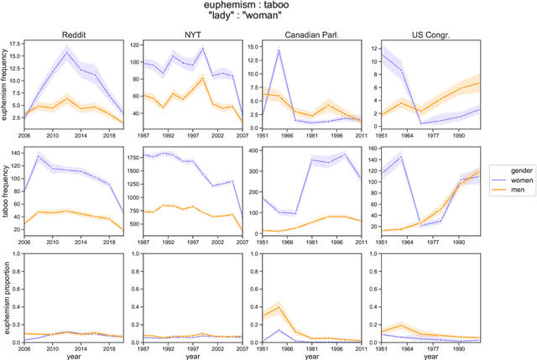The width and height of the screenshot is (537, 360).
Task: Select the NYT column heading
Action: (187, 34)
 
